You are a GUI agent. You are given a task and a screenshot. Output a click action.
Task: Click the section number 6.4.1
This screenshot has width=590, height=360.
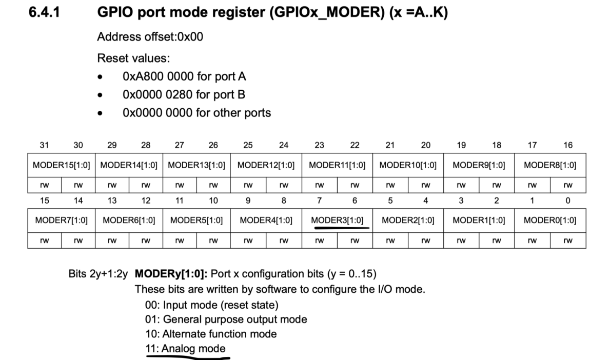pyautogui.click(x=45, y=13)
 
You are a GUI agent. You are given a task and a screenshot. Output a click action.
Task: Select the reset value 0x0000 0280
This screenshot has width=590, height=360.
pyautogui.click(x=159, y=94)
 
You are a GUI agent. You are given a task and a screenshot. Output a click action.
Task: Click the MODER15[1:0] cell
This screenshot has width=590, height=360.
pyautogui.click(x=62, y=165)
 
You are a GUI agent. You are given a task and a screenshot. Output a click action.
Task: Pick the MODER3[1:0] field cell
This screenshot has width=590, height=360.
pyautogui.click(x=337, y=221)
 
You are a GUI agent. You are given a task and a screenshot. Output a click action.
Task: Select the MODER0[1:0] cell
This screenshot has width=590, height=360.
pyautogui.click(x=550, y=221)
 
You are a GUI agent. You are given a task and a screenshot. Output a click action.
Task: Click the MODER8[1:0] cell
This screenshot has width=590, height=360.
pyautogui.click(x=550, y=165)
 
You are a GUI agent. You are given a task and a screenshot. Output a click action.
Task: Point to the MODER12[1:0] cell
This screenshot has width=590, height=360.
pyautogui.click(x=266, y=165)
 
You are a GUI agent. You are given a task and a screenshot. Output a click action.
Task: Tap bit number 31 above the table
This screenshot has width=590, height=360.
pyautogui.click(x=45, y=145)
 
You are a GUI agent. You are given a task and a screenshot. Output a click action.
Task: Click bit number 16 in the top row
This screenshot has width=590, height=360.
pyautogui.click(x=568, y=145)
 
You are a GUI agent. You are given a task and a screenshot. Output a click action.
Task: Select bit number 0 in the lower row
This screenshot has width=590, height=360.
pyautogui.click(x=568, y=201)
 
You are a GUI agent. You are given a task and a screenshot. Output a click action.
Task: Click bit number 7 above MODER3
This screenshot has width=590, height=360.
pyautogui.click(x=319, y=201)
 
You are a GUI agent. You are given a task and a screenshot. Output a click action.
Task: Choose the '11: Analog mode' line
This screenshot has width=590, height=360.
pyautogui.click(x=186, y=349)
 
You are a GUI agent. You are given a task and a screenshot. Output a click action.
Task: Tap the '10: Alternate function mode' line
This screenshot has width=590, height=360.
pyautogui.click(x=211, y=334)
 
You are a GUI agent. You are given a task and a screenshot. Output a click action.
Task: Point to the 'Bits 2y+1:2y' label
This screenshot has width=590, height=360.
pyautogui.click(x=97, y=274)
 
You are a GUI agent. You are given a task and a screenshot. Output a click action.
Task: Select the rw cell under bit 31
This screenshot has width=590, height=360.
pyautogui.click(x=45, y=185)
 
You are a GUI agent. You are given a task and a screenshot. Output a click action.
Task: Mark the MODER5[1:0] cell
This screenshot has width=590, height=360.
pyautogui.click(x=196, y=221)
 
